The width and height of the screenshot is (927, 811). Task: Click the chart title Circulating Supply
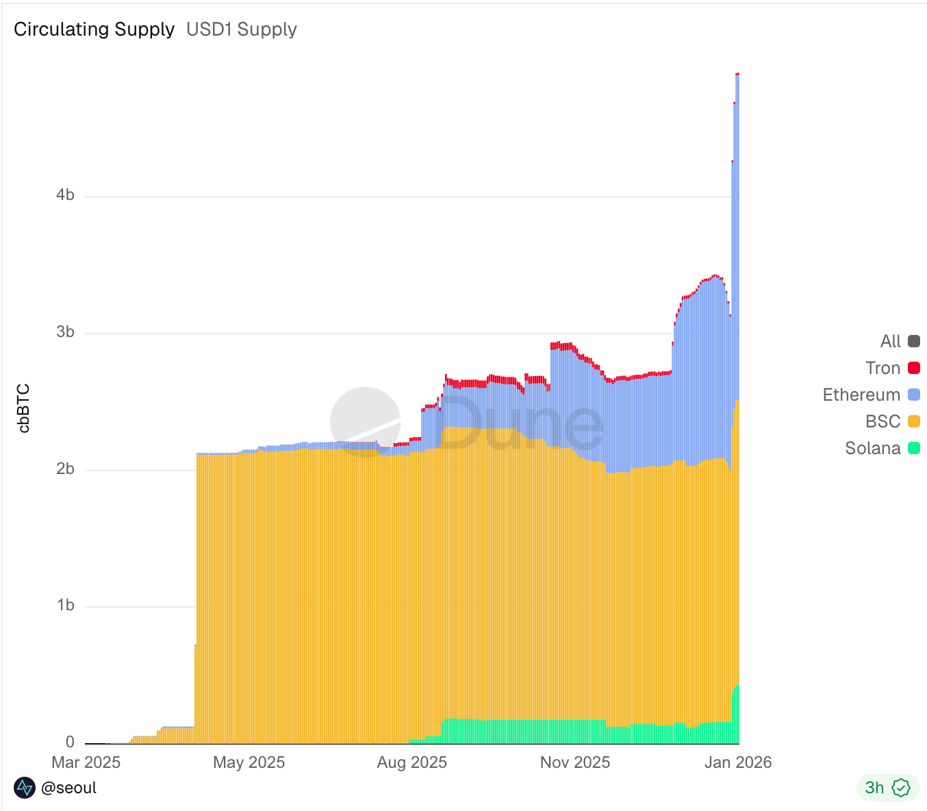pos(94,29)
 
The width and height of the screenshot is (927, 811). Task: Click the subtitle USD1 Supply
pos(241,29)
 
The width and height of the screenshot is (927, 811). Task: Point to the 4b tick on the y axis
pos(65,195)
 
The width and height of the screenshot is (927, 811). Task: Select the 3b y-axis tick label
pos(65,332)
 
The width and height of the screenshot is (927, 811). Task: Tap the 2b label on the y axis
pos(65,469)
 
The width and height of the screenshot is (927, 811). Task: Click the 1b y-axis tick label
pos(65,606)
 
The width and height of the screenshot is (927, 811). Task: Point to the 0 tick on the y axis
pos(70,742)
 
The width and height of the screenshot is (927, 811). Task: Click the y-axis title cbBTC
pos(24,408)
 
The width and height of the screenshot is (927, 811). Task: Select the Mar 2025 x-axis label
pos(86,762)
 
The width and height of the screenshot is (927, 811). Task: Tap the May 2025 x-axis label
pos(249,762)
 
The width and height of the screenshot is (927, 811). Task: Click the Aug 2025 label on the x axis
pos(411,762)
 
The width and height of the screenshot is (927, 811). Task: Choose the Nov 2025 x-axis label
pos(574,762)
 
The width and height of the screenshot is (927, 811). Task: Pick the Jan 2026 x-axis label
pos(738,762)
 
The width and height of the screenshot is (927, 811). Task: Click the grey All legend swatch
pos(913,341)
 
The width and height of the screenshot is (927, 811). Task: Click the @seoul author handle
pos(68,788)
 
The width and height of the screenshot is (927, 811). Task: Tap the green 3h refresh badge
pos(887,788)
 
